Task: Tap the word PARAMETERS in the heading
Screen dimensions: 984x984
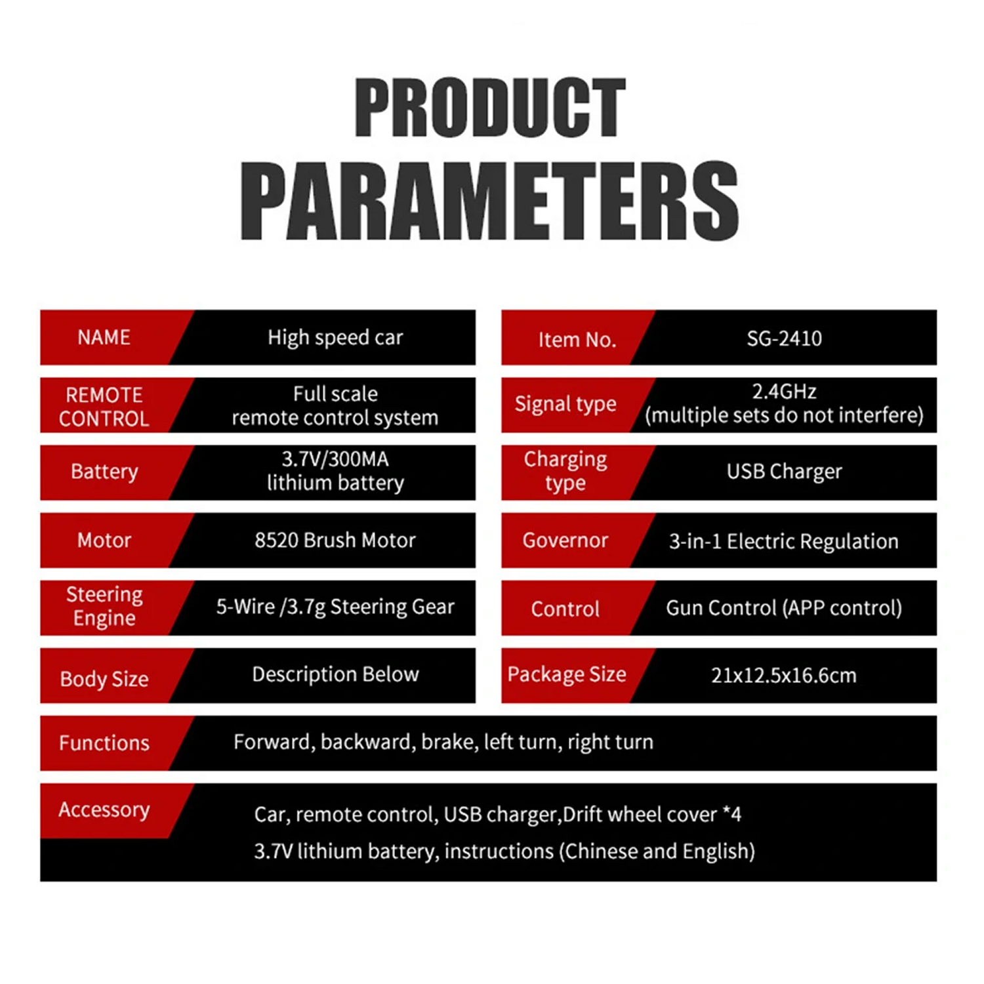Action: tap(490, 201)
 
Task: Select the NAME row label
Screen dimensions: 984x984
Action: tap(104, 337)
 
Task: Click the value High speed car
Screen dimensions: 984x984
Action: tap(335, 338)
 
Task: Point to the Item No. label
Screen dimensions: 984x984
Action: tap(577, 339)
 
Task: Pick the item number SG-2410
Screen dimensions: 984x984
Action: tap(784, 338)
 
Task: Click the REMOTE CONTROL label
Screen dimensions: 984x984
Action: tap(104, 407)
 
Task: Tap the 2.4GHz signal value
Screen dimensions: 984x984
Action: tap(784, 392)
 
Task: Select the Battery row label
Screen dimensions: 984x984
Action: tap(104, 472)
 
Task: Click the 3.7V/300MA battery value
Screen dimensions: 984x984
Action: tap(335, 459)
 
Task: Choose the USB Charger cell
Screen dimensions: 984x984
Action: tap(784, 472)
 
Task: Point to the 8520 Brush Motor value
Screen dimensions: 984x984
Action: tap(335, 540)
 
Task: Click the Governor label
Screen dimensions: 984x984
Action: tap(565, 540)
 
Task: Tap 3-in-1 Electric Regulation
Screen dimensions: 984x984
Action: tap(784, 541)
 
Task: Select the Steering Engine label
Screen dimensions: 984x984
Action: tap(104, 606)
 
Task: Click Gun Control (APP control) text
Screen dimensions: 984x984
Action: tap(784, 608)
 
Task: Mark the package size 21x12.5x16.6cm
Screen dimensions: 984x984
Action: tap(784, 676)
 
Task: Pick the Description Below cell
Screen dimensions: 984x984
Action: tap(335, 674)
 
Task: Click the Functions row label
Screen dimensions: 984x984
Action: tap(104, 743)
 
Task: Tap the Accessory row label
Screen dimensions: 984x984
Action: tap(104, 810)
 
